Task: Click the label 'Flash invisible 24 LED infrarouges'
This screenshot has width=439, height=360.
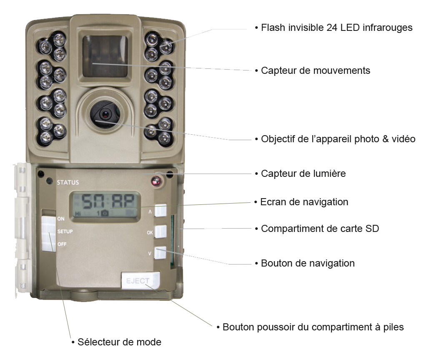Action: coord(336,28)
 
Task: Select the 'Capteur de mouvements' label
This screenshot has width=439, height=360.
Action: coord(316,70)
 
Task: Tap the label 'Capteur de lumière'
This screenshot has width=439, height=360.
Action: coord(303,174)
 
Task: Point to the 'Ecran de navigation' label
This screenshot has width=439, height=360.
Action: coord(304,202)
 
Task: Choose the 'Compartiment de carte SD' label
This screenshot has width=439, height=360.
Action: coord(320,228)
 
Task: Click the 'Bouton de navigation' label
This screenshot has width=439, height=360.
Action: coord(308,263)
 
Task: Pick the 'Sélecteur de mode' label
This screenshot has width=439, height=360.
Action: coord(119,342)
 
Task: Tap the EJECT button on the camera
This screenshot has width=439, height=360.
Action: coord(140,280)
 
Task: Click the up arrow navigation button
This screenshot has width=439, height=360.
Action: coord(161,210)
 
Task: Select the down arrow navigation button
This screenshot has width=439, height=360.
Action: coord(160,253)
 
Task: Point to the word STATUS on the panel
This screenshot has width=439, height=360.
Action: coord(68,182)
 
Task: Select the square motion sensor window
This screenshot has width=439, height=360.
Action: coord(105,56)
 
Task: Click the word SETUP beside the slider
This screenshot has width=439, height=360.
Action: coord(65,232)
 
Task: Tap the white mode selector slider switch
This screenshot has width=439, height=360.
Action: coord(49,233)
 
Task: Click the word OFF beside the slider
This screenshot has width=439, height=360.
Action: coord(62,244)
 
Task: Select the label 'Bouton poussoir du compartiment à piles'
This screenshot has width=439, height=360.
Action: coord(313,327)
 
